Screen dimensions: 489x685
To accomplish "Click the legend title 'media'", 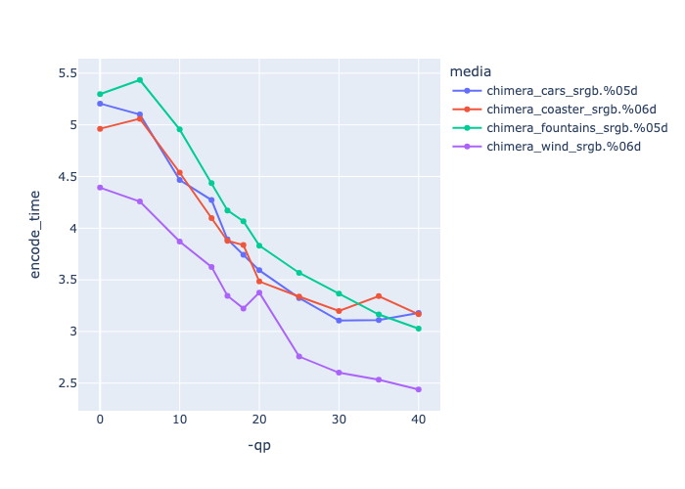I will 470,71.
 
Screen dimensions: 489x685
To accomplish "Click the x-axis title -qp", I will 259,446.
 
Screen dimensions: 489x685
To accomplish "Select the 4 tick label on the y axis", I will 71,229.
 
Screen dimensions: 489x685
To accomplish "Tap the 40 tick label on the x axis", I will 419,419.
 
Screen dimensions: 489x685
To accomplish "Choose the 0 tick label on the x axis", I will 100,419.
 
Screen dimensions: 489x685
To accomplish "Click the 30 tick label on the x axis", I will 339,419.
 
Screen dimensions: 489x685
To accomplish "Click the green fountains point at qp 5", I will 140,80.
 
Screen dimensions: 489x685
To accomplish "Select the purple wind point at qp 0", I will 100,187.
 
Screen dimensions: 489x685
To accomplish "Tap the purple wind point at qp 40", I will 419,389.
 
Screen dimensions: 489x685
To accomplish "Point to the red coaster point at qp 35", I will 379,296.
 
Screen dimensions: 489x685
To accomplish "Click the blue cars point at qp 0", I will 100,104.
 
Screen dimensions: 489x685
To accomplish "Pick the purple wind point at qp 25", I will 299,356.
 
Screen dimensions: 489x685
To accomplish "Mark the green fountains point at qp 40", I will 419,329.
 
